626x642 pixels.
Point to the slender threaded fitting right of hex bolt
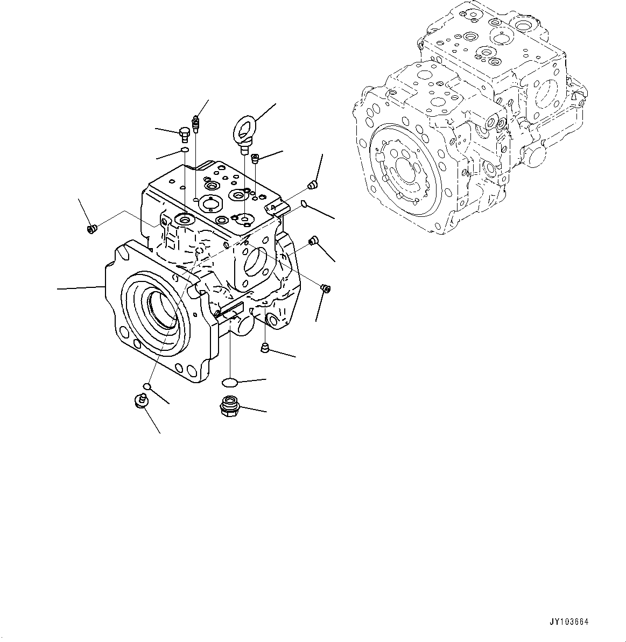click(196, 123)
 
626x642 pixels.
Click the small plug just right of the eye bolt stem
click(256, 157)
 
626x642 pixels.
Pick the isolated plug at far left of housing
click(91, 230)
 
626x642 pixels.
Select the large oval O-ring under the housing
click(229, 382)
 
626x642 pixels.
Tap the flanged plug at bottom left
click(140, 401)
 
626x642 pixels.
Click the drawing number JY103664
click(569, 622)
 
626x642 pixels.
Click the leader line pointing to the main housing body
click(81, 288)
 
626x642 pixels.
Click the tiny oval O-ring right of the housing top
click(304, 203)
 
